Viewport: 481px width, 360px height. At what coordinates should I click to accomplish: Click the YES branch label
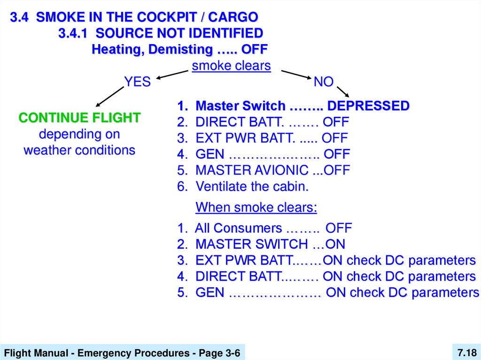pyautogui.click(x=137, y=82)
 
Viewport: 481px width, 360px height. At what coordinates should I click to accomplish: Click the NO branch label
pyautogui.click(x=323, y=82)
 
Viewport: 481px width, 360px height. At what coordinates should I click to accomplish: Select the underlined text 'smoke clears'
pyautogui.click(x=231, y=66)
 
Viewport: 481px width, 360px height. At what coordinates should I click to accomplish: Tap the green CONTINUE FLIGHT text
pyautogui.click(x=79, y=118)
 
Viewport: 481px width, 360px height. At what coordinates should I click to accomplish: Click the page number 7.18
pyautogui.click(x=466, y=352)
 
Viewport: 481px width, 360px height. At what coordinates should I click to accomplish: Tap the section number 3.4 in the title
pyautogui.click(x=21, y=17)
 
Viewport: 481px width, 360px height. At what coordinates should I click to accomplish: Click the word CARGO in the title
pyautogui.click(x=233, y=17)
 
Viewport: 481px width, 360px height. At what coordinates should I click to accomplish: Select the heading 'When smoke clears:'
pyautogui.click(x=256, y=207)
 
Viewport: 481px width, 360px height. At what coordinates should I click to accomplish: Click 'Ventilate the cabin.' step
pyautogui.click(x=252, y=186)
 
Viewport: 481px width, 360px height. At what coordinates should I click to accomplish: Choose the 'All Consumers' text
pyautogui.click(x=238, y=229)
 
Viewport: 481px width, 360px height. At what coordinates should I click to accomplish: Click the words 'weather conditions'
pyautogui.click(x=79, y=151)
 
